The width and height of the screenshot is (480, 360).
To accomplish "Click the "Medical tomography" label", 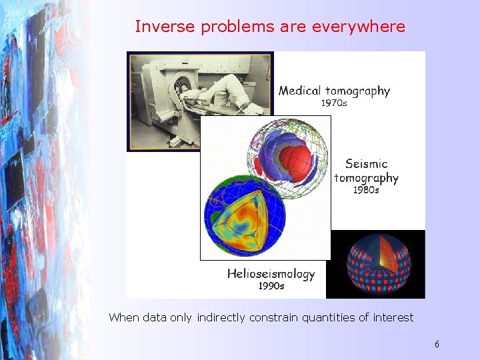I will pyautogui.click(x=334, y=91).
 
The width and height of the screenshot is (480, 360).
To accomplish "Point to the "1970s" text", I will pyautogui.click(x=334, y=103).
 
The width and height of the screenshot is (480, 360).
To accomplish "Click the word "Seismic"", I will pyautogui.click(x=366, y=163).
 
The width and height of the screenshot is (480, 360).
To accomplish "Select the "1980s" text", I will pyautogui.click(x=366, y=190).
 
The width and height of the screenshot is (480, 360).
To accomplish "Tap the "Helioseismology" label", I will pyautogui.click(x=271, y=273).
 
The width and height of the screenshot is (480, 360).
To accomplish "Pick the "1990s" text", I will pyautogui.click(x=271, y=286).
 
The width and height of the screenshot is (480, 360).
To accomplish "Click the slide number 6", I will pyautogui.click(x=437, y=344).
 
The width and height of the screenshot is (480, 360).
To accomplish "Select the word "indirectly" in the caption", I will pyautogui.click(x=221, y=318).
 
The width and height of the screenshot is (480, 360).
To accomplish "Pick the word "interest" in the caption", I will pyautogui.click(x=393, y=318).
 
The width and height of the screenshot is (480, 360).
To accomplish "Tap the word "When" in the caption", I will pyautogui.click(x=124, y=318).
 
